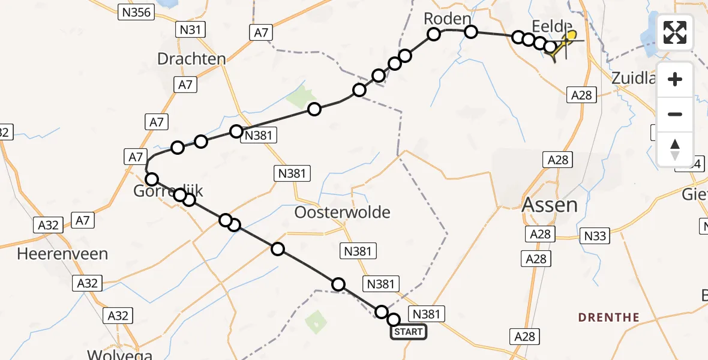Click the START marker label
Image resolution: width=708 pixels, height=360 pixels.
tap(409, 332)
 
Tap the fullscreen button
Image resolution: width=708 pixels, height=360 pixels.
tap(675, 32)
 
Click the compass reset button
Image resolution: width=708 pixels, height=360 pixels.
tap(675, 149)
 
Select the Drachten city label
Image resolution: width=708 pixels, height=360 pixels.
tap(191, 59)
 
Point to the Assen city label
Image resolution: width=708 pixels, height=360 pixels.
tap(550, 205)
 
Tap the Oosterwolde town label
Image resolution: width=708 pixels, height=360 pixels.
tap(343, 212)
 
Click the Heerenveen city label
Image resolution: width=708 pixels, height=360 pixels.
tap(62, 254)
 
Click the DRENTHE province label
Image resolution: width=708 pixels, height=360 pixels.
tap(608, 317)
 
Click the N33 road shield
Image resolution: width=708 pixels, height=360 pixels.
tap(595, 236)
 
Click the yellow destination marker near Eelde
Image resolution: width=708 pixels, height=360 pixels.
tap(570, 36)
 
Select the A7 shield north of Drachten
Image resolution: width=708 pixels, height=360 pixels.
tap(261, 32)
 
